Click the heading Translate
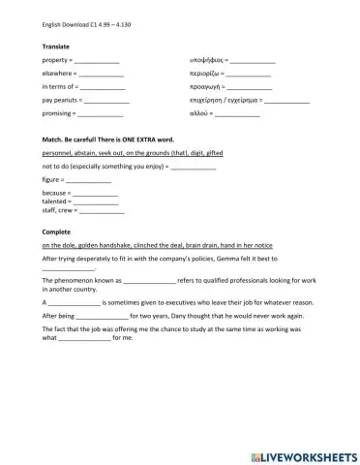56,47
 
